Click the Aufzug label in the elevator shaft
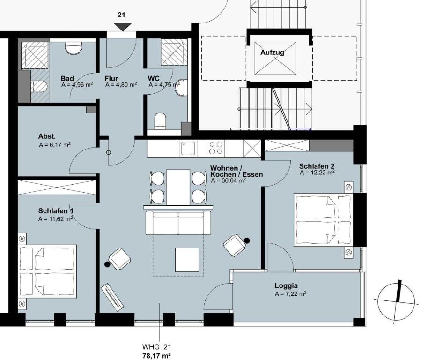[x=272, y=52]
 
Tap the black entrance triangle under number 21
[x=123, y=27]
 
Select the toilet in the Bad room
[x=40, y=87]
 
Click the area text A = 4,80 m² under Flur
[x=121, y=85]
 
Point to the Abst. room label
[x=47, y=136]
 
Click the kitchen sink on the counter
[x=188, y=148]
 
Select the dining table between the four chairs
[x=178, y=187]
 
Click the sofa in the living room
[x=178, y=223]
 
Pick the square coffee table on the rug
[x=187, y=260]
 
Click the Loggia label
[x=286, y=286]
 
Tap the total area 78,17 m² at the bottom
[x=157, y=356]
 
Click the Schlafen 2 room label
[x=317, y=166]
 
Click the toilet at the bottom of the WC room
[x=160, y=121]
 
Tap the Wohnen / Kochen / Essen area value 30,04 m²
[x=229, y=180]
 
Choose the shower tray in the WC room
[x=174, y=52]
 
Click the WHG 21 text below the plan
[x=156, y=347]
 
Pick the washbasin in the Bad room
[x=74, y=47]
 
